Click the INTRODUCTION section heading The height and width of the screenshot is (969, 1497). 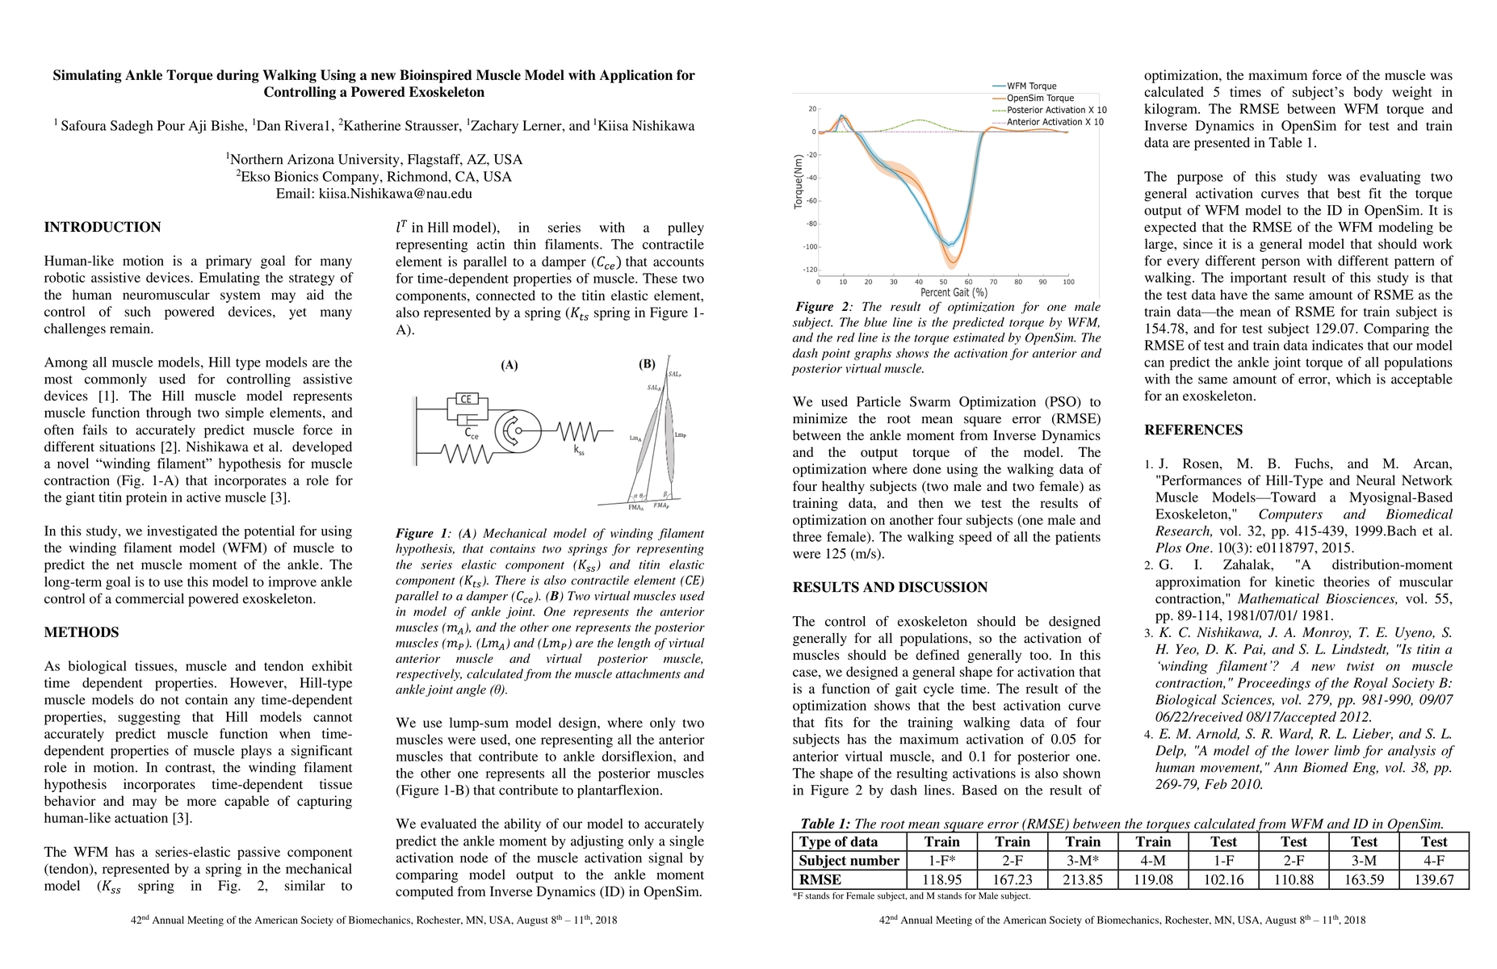[103, 228]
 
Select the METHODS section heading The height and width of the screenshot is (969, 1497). [82, 633]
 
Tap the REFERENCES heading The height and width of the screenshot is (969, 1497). [1193, 430]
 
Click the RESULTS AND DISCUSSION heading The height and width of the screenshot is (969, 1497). [890, 588]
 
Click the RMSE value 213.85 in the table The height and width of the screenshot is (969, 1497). [1083, 879]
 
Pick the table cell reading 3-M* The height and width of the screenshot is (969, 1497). [1083, 860]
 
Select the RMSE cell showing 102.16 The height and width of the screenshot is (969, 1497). [1223, 879]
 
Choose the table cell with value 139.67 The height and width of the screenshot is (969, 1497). [1434, 879]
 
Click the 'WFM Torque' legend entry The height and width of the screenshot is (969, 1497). [1031, 86]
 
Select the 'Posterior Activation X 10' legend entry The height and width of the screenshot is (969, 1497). [1056, 110]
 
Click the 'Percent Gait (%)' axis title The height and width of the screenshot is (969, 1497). [954, 292]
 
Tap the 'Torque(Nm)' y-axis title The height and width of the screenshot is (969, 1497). [799, 183]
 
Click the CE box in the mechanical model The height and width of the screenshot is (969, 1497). [465, 399]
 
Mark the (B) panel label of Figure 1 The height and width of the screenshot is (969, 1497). [647, 364]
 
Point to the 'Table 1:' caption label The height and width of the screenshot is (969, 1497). [824, 824]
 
